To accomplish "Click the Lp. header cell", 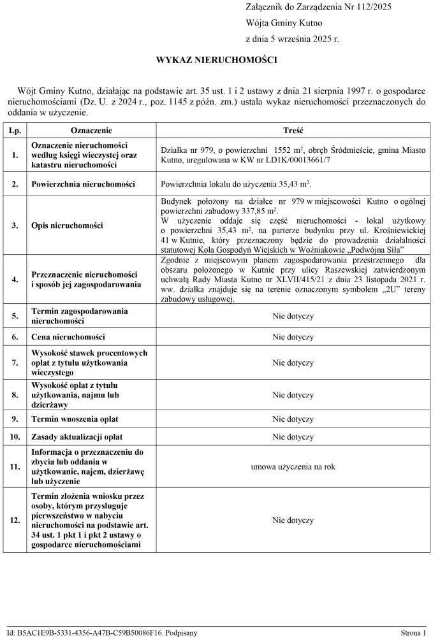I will click(14, 130).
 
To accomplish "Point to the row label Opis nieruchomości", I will click(68, 225).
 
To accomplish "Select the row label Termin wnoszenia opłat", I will click(75, 419).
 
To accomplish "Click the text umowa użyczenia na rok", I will click(293, 467).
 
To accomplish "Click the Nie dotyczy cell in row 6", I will click(293, 337).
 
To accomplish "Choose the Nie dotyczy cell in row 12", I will click(293, 520).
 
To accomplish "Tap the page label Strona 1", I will click(413, 633).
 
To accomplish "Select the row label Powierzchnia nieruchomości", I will click(83, 184).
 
